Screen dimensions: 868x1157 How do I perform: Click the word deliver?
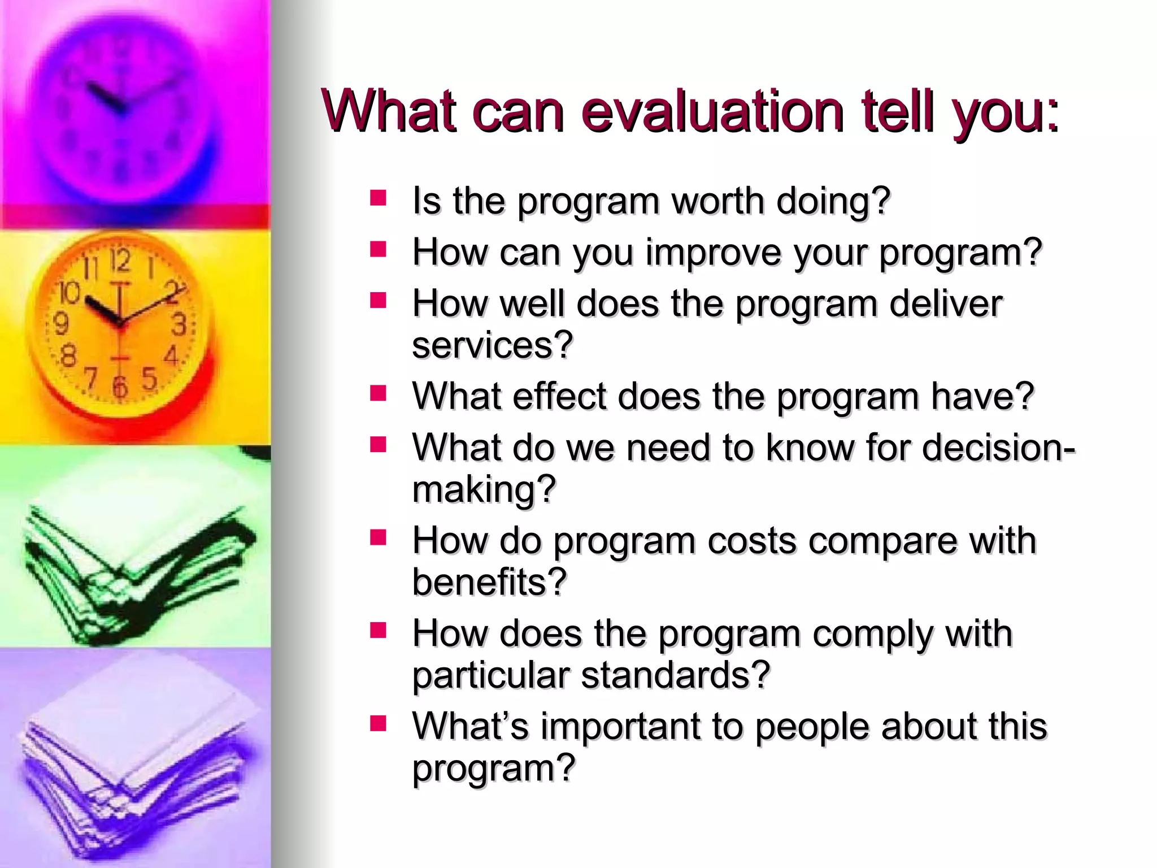(946, 304)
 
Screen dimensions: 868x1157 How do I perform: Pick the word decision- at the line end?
(999, 448)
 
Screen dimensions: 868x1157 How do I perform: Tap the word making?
(484, 489)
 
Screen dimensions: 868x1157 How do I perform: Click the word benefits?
(489, 582)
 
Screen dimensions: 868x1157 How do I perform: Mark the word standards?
(676, 675)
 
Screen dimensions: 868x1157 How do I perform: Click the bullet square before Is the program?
(378, 198)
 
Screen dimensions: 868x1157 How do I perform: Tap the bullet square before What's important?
(378, 723)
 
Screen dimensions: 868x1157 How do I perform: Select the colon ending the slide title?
(1052, 116)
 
